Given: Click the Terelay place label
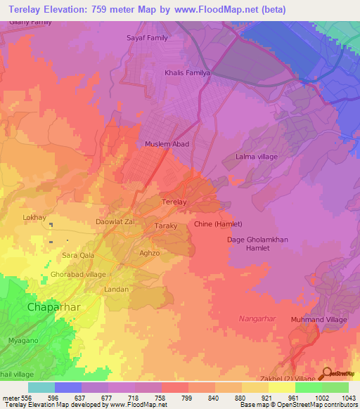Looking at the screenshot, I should [x=174, y=202].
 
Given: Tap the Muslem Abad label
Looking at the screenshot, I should [x=167, y=144].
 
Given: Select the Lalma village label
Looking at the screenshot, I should [x=257, y=156].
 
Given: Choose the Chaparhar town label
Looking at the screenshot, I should [x=53, y=307].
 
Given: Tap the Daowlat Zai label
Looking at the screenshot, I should [x=115, y=221].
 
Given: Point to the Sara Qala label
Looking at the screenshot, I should [x=78, y=256].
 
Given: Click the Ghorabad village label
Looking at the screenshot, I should [x=78, y=274].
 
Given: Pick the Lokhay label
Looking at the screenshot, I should [x=34, y=217].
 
